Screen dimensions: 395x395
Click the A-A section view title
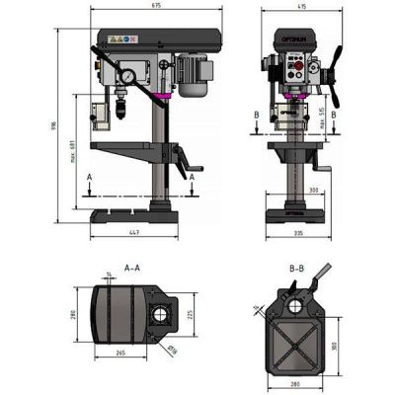click(x=131, y=268)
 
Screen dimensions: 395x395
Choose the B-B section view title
click(x=295, y=268)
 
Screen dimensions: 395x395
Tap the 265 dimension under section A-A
click(x=118, y=352)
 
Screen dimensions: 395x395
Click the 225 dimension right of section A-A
click(x=187, y=315)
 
